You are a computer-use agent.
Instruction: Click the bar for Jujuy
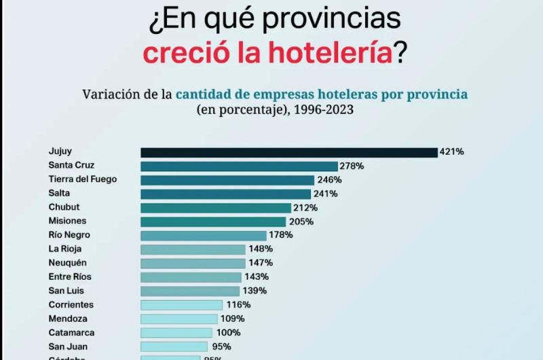click(x=288, y=152)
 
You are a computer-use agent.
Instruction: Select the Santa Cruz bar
click(x=239, y=166)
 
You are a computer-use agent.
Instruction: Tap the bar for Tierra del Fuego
click(x=227, y=180)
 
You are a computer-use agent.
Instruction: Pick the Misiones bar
click(x=213, y=221)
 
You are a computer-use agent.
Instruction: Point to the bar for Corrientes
click(x=181, y=305)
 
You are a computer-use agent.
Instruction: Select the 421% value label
click(x=452, y=152)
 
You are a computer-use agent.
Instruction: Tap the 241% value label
click(x=324, y=194)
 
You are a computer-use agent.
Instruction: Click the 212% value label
click(x=305, y=208)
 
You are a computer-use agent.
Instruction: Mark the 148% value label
click(x=260, y=249)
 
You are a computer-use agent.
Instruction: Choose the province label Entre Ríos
click(x=70, y=277)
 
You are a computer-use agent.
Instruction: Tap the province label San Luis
click(x=67, y=291)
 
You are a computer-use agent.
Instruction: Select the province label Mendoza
click(x=67, y=319)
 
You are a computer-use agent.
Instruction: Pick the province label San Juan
click(x=67, y=346)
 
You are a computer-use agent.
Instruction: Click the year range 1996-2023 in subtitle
click(x=323, y=109)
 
